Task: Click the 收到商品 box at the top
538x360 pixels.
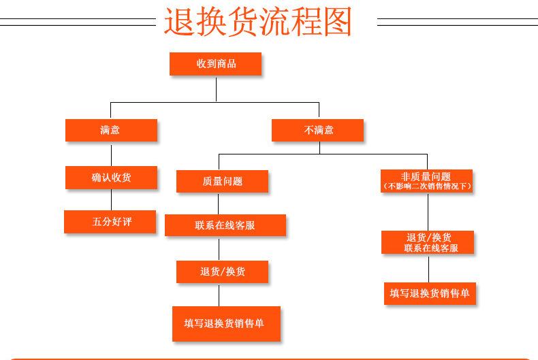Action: (x=215, y=63)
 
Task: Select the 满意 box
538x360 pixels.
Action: (x=111, y=130)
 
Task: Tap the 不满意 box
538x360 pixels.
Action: (x=317, y=130)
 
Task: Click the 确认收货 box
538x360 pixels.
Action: (x=111, y=178)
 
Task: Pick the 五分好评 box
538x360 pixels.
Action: (x=111, y=221)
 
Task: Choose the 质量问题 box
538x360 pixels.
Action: (x=222, y=181)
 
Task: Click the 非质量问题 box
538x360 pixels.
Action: (x=426, y=176)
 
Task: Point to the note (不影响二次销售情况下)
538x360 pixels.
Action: (x=426, y=185)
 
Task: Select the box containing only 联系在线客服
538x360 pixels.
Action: (x=225, y=225)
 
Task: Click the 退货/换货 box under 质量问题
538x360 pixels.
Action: (x=222, y=272)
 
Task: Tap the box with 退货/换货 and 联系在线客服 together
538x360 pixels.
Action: (x=428, y=242)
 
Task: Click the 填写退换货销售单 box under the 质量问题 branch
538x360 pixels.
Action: (x=226, y=324)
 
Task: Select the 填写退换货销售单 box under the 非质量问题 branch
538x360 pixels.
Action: (x=429, y=293)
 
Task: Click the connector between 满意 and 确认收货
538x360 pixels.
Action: (x=111, y=154)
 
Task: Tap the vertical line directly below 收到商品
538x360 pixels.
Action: (x=216, y=88)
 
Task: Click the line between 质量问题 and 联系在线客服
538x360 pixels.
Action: (x=218, y=203)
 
